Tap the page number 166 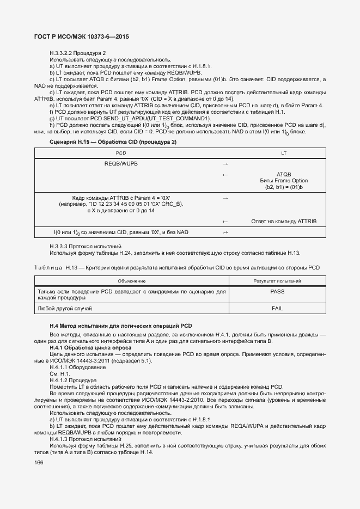[x=39, y=462]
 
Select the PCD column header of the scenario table [x=121, y=153]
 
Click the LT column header [x=284, y=153]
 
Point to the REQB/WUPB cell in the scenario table [x=121, y=163]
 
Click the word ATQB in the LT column [x=284, y=174]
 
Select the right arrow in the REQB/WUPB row [x=225, y=163]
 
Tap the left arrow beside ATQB [x=225, y=174]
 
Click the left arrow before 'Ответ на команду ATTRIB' [x=225, y=222]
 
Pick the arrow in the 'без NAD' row [x=225, y=232]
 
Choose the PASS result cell [x=277, y=291]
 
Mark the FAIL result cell [x=277, y=308]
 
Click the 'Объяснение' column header [x=131, y=280]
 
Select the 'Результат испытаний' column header [x=277, y=280]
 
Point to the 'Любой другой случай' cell [x=64, y=308]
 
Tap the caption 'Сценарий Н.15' [x=113, y=142]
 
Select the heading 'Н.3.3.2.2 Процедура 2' [x=77, y=53]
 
